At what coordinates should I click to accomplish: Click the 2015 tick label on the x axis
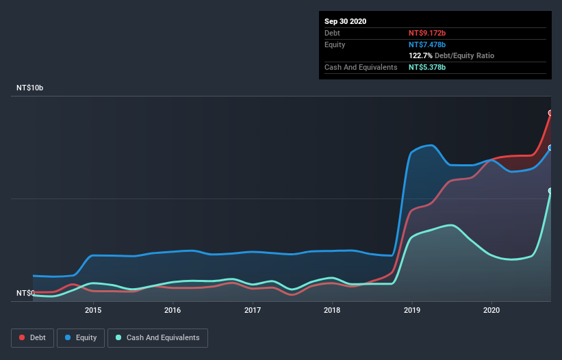pyautogui.click(x=93, y=310)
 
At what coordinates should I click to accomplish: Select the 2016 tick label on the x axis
pyautogui.click(x=173, y=310)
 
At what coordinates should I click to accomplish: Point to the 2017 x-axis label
pyautogui.click(x=253, y=310)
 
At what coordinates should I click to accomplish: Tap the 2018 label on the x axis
pyautogui.click(x=332, y=310)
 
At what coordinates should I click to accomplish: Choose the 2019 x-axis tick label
pyautogui.click(x=412, y=310)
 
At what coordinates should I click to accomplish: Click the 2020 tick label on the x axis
pyautogui.click(x=491, y=310)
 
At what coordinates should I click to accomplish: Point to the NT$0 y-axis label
pyautogui.click(x=26, y=293)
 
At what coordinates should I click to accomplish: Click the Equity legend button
pyautogui.click(x=81, y=337)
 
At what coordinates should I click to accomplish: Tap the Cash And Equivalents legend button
pyautogui.click(x=157, y=337)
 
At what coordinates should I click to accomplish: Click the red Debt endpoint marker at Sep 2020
pyautogui.click(x=550, y=113)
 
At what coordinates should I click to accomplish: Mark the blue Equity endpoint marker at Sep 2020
pyautogui.click(x=550, y=147)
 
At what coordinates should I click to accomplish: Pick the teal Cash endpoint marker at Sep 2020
pyautogui.click(x=550, y=190)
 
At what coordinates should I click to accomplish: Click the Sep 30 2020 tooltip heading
pyautogui.click(x=345, y=21)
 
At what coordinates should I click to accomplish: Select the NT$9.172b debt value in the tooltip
pyautogui.click(x=428, y=33)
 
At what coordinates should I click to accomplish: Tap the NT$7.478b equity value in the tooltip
pyautogui.click(x=428, y=44)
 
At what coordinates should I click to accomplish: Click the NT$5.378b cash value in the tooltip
pyautogui.click(x=428, y=67)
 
